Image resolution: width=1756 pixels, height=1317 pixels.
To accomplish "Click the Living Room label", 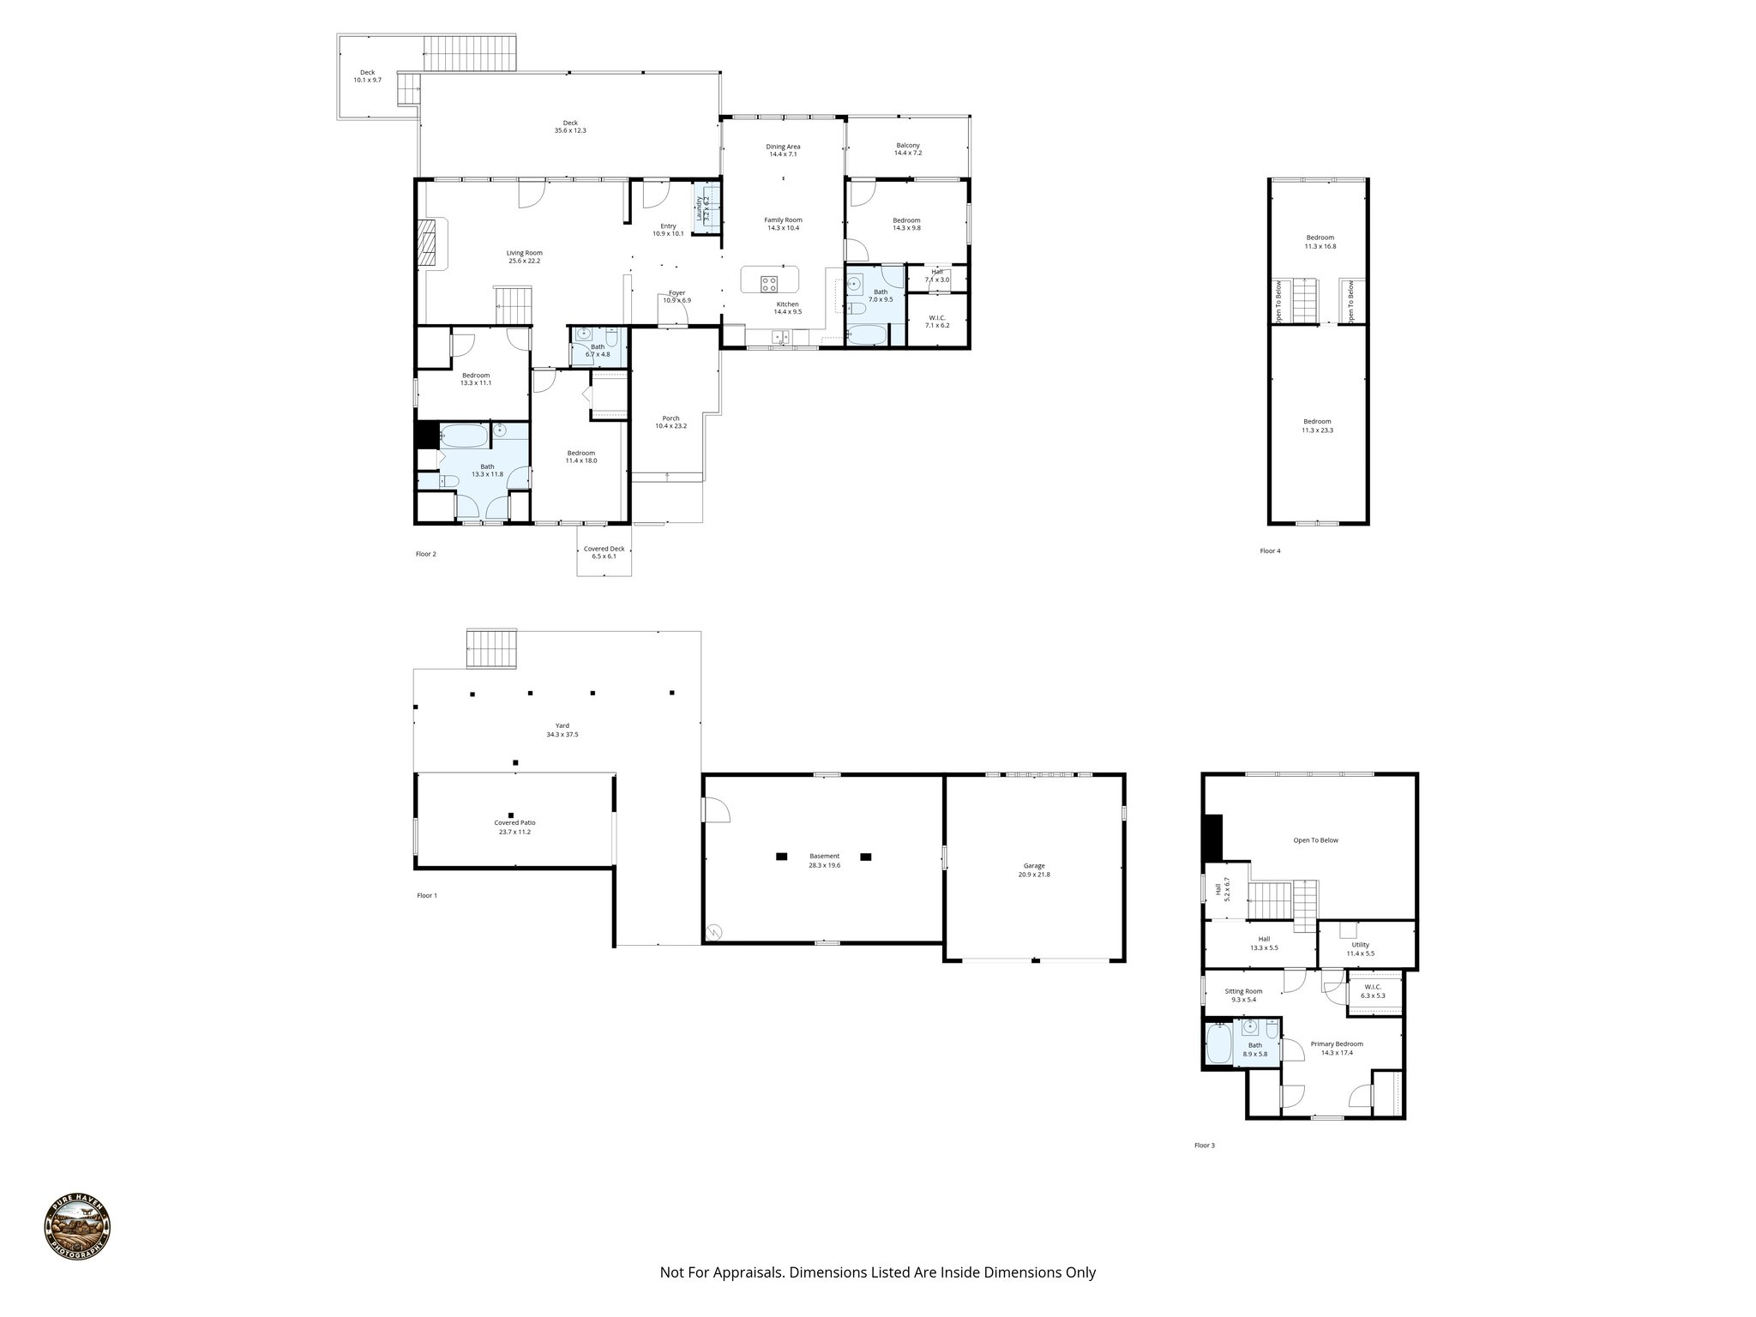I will click(x=524, y=256).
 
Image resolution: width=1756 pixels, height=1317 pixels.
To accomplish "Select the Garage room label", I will click(x=1034, y=869).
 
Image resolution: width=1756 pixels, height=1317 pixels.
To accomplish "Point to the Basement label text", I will click(x=824, y=860).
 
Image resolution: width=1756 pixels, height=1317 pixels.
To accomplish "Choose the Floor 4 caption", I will click(x=1270, y=551).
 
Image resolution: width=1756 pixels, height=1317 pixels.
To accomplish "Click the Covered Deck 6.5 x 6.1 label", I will click(x=604, y=552).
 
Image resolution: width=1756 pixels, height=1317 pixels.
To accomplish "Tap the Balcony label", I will click(x=907, y=149).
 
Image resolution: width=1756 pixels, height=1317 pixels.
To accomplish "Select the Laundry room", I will click(x=706, y=207).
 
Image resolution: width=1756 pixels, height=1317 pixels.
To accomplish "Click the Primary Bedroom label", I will click(x=1336, y=1048).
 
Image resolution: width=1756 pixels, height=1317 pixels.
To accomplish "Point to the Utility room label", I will click(x=1360, y=948).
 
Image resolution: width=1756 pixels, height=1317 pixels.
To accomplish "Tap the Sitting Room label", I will click(x=1243, y=995).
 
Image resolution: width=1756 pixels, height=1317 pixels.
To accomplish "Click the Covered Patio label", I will click(x=514, y=827).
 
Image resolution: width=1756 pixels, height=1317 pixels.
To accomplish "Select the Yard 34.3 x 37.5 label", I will click(x=562, y=730).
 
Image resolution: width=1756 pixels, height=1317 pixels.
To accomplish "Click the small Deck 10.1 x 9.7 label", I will click(x=367, y=76).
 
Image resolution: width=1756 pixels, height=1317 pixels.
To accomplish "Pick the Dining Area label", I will click(x=783, y=150).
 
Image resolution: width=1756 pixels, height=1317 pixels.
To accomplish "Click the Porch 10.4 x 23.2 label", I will click(x=671, y=422).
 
